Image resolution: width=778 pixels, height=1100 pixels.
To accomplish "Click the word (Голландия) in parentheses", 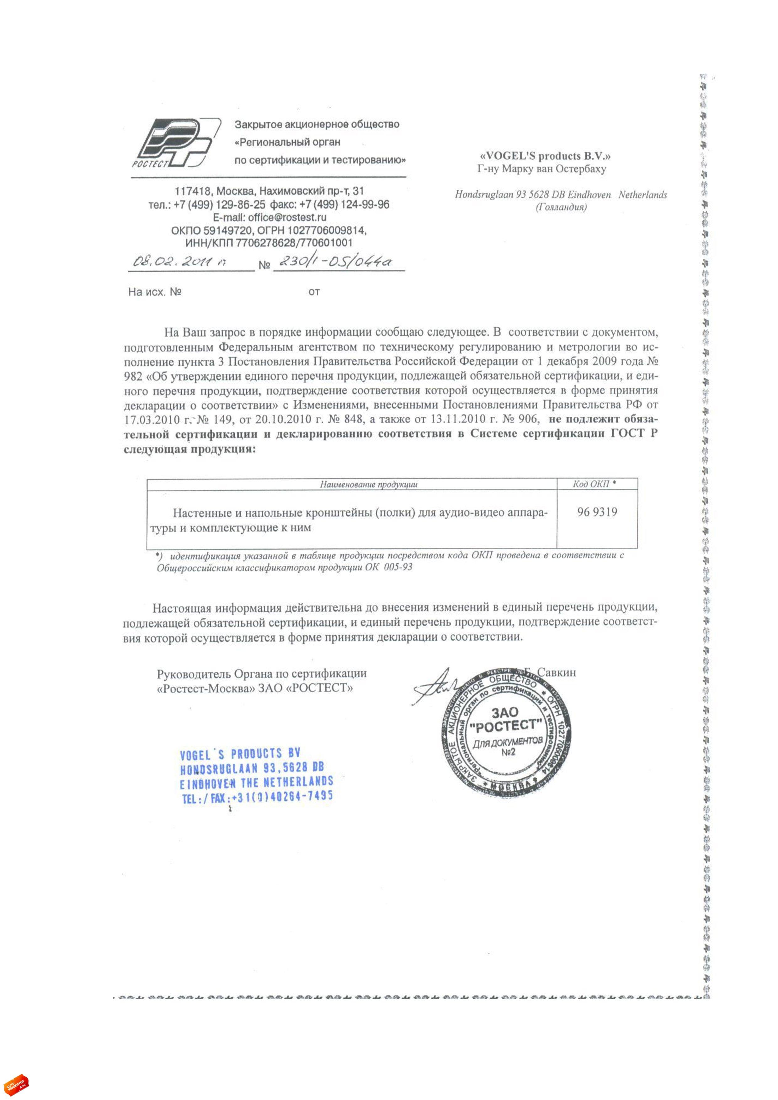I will coord(561,208).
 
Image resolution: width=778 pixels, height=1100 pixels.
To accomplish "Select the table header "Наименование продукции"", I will coord(368,484).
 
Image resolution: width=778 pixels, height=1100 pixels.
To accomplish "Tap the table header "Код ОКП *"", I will coord(594,484).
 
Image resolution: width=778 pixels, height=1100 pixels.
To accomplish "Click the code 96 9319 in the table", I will coord(597,512).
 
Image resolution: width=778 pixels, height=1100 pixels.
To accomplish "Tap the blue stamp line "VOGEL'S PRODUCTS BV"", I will coord(240,754).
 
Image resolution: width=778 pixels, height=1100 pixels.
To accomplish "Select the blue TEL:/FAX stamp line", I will coord(258,797).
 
